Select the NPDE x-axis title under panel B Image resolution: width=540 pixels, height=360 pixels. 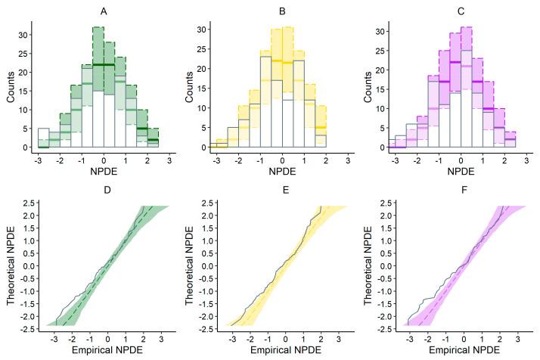(282, 173)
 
